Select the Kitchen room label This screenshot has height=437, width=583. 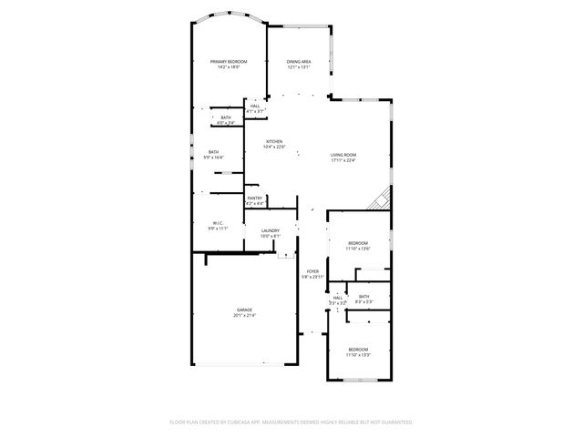[x=274, y=141]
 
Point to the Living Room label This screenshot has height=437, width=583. [x=343, y=155]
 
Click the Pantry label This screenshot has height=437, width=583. [x=255, y=198]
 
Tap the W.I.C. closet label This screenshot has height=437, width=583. [x=219, y=222]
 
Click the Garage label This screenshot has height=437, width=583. [x=245, y=310]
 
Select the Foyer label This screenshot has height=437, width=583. [x=312, y=271]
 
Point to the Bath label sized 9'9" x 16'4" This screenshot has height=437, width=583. [x=213, y=152]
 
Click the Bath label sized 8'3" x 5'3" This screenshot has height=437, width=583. [x=363, y=297]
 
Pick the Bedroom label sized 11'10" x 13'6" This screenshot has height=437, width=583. [x=357, y=242]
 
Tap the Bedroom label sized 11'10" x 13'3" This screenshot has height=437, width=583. [x=358, y=349]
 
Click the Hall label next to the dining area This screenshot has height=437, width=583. [x=256, y=107]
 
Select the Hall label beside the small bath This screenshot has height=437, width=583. [x=337, y=297]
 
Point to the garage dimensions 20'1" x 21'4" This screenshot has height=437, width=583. [x=245, y=316]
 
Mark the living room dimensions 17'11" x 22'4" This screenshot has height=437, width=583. [x=343, y=160]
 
